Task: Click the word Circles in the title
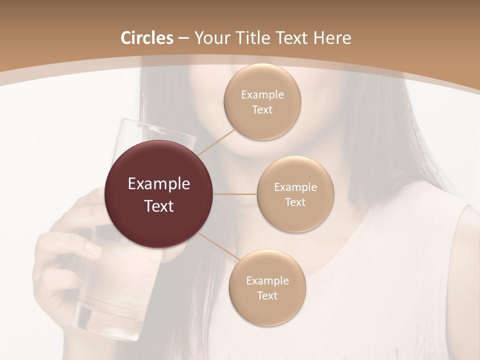click(x=147, y=38)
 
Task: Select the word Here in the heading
click(x=332, y=38)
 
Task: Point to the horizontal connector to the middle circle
click(x=235, y=194)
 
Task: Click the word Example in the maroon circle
click(x=159, y=184)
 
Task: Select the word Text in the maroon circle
click(x=159, y=206)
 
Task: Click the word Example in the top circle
click(x=262, y=95)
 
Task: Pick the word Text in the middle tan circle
click(x=295, y=202)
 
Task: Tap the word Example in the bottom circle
click(x=267, y=280)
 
